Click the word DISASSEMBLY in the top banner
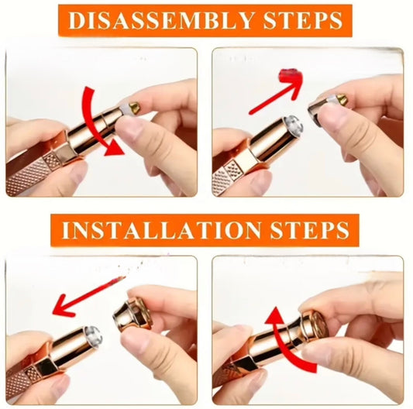tap(161, 21)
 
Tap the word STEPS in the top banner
tap(303, 21)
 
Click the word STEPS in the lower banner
tap(310, 230)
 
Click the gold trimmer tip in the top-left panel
tap(135, 108)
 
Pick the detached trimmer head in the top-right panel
tap(327, 108)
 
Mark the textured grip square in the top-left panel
tap(52, 160)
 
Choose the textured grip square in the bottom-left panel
tap(33, 373)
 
